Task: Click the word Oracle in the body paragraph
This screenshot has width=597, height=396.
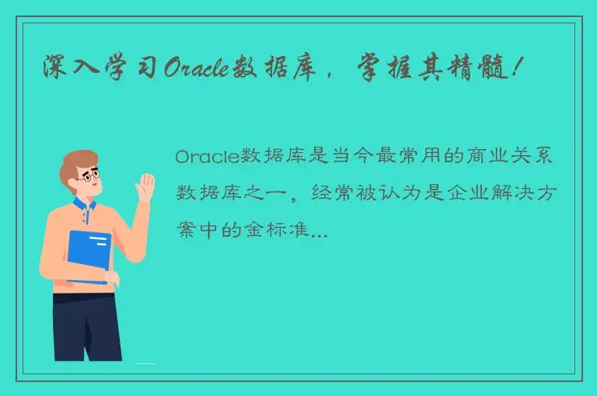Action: coord(206,157)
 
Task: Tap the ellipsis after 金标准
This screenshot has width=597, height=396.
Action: coord(319,234)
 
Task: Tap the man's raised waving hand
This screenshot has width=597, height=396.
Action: coord(145,187)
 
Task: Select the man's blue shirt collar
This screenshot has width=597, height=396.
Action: coord(84,206)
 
